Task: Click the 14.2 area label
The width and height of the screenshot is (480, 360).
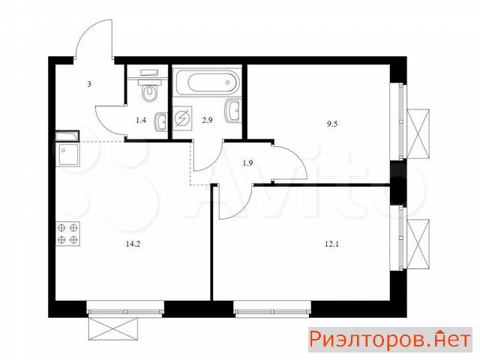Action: click(x=133, y=244)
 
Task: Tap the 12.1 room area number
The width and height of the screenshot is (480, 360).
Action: click(x=331, y=244)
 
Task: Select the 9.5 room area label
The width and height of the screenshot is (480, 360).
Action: click(x=332, y=124)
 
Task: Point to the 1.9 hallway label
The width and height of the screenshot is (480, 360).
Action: click(x=247, y=163)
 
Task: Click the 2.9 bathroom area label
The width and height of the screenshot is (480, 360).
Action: click(x=207, y=120)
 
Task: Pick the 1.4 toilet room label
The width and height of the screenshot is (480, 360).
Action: click(x=141, y=120)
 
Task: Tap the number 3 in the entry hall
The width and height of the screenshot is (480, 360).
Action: click(x=89, y=84)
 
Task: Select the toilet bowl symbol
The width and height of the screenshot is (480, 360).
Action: click(x=150, y=89)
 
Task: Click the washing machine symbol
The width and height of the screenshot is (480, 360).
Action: click(x=182, y=118)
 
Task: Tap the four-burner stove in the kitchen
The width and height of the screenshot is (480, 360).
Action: click(x=67, y=233)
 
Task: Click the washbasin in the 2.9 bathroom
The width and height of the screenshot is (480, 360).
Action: click(x=233, y=111)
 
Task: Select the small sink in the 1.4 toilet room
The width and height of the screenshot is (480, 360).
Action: click(x=160, y=122)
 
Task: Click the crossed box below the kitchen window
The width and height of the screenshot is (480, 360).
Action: click(x=113, y=328)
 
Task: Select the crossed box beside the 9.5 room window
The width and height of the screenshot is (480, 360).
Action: click(x=418, y=134)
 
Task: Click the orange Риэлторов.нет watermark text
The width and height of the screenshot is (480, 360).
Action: click(x=390, y=340)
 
